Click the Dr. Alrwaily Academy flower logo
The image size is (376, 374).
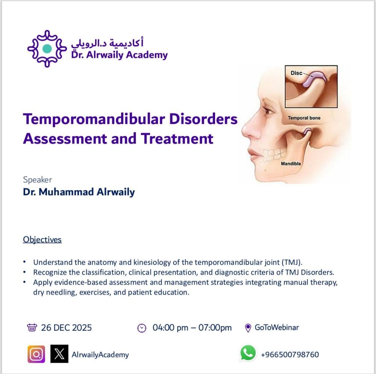click(x=47, y=49)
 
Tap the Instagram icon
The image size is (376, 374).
click(x=36, y=354)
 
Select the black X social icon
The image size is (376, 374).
click(x=59, y=354)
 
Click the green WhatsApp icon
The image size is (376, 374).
click(x=248, y=353)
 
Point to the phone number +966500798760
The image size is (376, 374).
click(x=290, y=354)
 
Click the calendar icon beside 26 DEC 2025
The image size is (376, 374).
click(x=32, y=327)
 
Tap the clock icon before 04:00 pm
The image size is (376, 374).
click(x=142, y=328)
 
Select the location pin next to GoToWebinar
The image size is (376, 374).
click(x=248, y=328)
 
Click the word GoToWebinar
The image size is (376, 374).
click(x=277, y=327)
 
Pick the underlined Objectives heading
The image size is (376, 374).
click(x=42, y=240)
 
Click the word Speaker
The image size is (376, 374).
click(x=37, y=180)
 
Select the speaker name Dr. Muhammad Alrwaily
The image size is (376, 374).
click(x=79, y=192)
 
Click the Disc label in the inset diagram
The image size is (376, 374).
click(x=296, y=73)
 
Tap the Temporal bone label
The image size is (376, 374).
click(x=304, y=118)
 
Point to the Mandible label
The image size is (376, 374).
click(x=291, y=163)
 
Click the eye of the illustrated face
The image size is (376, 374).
click(x=268, y=111)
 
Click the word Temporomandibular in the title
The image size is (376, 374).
click(x=94, y=119)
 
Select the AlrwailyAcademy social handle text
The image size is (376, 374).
click(x=100, y=355)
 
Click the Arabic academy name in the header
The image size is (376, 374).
click(x=107, y=43)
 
